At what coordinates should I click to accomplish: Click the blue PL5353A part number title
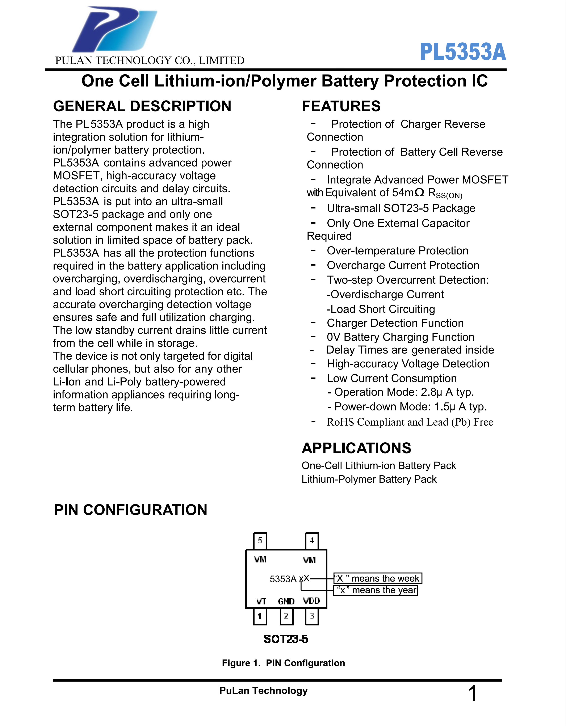point(463,52)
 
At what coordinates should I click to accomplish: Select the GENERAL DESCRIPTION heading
point(142,106)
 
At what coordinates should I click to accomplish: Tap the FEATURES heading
point(341,106)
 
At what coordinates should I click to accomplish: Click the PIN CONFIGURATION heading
point(130,510)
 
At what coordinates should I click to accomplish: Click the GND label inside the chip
point(286,601)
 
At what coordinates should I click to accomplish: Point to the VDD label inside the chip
point(311,601)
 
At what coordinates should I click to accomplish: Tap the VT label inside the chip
point(261,601)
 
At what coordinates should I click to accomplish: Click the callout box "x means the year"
point(376,590)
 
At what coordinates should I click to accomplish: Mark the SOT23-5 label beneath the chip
point(286,639)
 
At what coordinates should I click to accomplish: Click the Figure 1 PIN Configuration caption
point(283,663)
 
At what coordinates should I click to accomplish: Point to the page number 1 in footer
point(472,694)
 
